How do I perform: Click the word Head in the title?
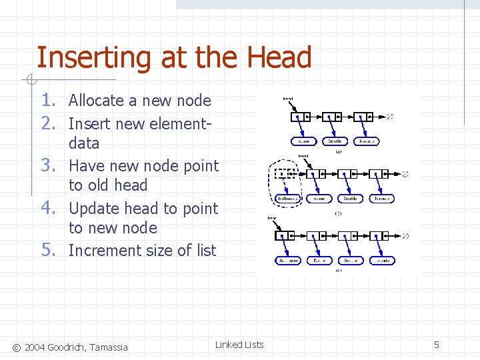click(282, 58)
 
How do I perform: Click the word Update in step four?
click(94, 209)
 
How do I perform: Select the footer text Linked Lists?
click(239, 345)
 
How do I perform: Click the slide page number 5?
click(437, 345)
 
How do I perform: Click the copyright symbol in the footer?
click(16, 347)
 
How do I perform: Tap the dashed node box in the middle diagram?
click(285, 174)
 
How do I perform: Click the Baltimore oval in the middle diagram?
click(288, 199)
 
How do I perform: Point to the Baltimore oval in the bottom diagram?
click(289, 260)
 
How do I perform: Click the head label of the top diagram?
click(288, 99)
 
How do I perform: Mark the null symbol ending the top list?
click(391, 117)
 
